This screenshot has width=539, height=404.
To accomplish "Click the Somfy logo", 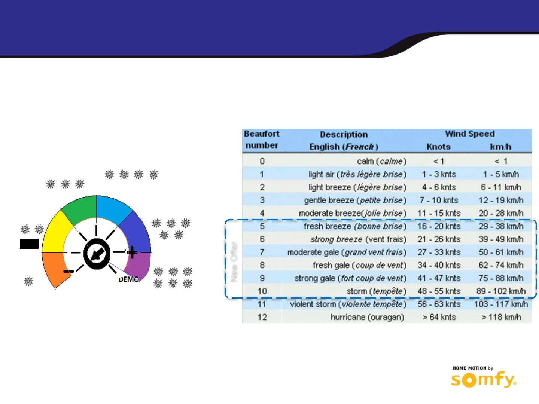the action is pos(483,379).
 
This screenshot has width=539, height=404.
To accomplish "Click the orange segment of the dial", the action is pos(54,267).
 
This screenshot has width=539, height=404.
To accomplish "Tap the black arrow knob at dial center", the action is pos(97,254).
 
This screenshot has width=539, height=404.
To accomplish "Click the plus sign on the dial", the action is pos(132,252).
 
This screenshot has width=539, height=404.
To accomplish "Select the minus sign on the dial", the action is pos(68,271).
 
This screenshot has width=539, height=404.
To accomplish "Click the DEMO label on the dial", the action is pos(129,279).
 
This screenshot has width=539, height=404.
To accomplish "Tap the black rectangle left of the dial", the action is pos(29,244).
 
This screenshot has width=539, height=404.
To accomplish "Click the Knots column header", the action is pos(438,147).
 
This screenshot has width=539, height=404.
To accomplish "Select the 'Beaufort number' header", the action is pos(262,139).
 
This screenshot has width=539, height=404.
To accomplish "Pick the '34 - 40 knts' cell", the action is pos(439,265).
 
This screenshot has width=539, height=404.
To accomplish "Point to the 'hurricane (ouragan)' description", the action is pos(367,317).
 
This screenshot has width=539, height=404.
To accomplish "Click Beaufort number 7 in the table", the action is pos(262,252).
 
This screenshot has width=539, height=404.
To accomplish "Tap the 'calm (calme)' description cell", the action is pos(381,161).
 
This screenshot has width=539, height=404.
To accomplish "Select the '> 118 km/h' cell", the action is pos(501,317).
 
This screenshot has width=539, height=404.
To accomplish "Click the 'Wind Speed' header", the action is pos(470,134).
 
